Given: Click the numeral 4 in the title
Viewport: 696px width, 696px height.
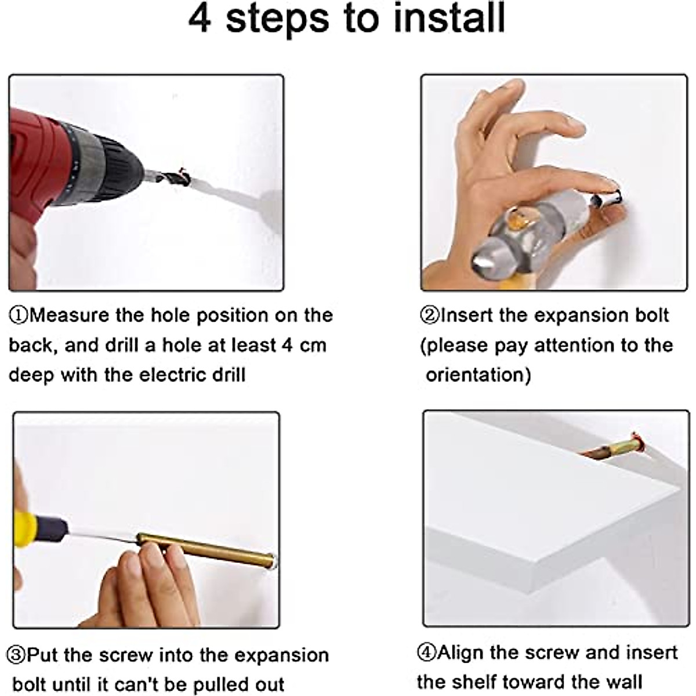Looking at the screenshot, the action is point(200,18).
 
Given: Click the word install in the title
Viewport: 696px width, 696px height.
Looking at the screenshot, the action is point(449,17).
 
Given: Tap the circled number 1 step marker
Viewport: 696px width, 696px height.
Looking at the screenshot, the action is point(19,316).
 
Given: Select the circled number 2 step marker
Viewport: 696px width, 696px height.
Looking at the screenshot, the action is point(430,316).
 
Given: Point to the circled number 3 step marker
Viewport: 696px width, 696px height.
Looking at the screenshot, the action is point(16,655).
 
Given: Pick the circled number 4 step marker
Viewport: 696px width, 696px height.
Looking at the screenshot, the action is point(427,652).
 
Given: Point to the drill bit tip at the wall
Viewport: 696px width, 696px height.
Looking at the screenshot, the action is point(187,178).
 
